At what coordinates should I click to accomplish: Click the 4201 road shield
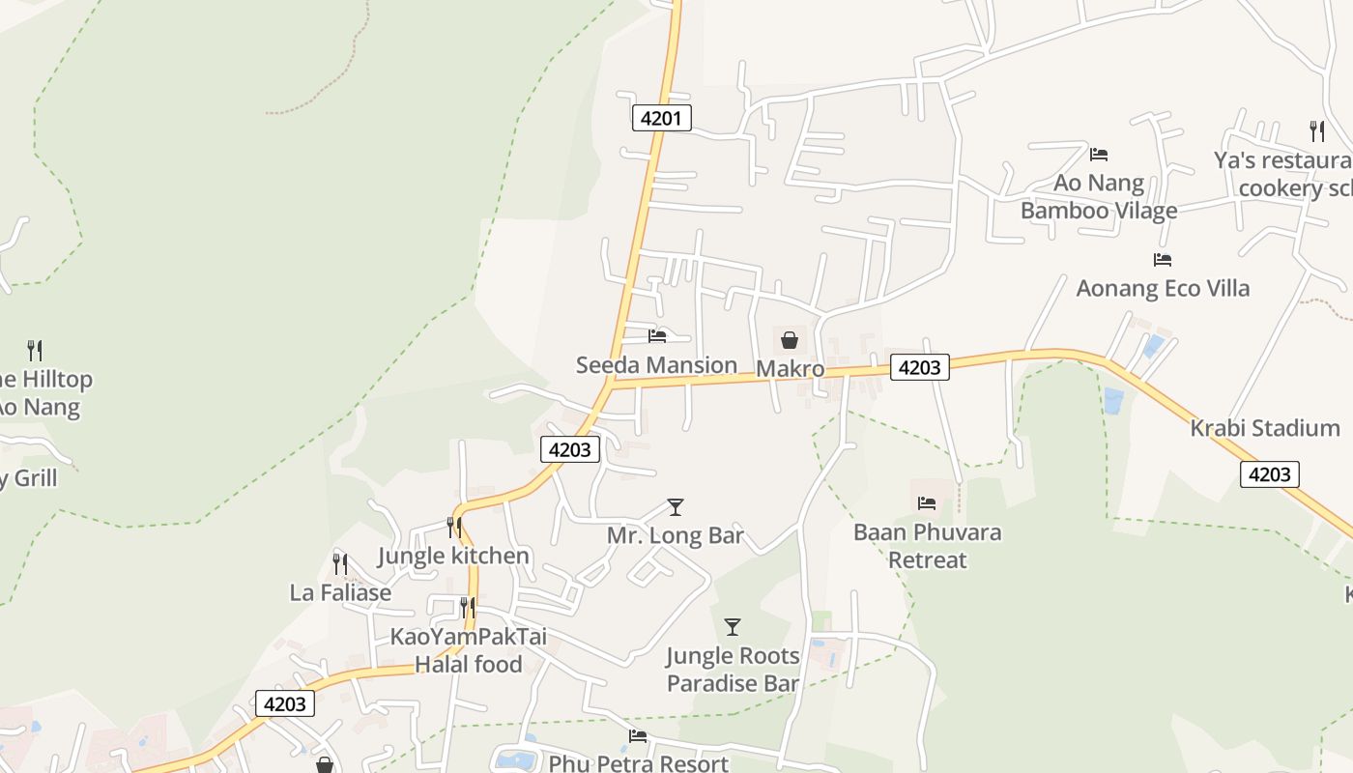click(x=662, y=119)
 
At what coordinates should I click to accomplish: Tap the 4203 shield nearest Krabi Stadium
click(x=1269, y=473)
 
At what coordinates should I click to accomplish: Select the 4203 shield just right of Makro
click(x=919, y=367)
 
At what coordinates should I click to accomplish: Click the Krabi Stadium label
click(x=1264, y=428)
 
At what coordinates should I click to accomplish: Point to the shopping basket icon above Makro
click(x=790, y=339)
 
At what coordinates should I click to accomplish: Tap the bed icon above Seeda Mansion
click(x=657, y=336)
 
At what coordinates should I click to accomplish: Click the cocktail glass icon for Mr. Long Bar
click(x=676, y=506)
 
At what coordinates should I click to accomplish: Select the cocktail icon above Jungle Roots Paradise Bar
click(x=733, y=627)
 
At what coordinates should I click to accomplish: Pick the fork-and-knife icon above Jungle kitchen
click(x=453, y=527)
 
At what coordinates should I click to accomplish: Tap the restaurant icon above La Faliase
click(x=340, y=563)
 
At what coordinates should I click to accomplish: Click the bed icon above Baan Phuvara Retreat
click(x=927, y=502)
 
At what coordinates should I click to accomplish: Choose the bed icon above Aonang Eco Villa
click(x=1163, y=259)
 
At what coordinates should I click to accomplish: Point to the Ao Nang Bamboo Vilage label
click(x=1099, y=196)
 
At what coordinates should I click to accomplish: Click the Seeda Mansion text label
click(x=656, y=365)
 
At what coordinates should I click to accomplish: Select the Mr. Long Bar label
click(x=676, y=535)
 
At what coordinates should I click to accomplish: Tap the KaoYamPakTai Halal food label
click(x=468, y=650)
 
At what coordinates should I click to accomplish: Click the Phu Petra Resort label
click(x=638, y=763)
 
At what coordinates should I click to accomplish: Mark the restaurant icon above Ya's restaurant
click(x=1316, y=130)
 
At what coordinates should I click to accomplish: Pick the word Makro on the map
click(x=790, y=369)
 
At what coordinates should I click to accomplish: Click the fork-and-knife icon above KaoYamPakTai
click(x=468, y=607)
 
